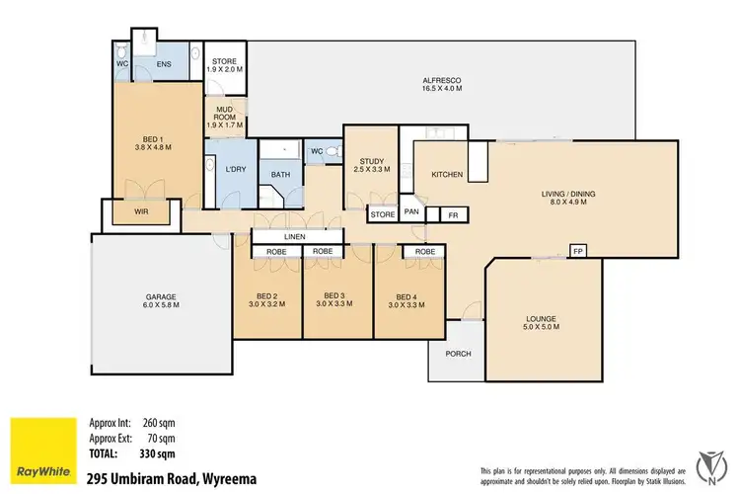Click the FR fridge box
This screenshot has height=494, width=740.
pyautogui.click(x=453, y=213)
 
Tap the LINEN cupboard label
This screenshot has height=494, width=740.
pyautogui.click(x=294, y=237)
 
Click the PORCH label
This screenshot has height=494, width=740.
pyautogui.click(x=458, y=354)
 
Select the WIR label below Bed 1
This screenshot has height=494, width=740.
pyautogui.click(x=143, y=210)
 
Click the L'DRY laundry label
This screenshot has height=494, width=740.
pyautogui.click(x=235, y=169)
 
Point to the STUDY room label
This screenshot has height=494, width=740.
pyautogui.click(x=372, y=162)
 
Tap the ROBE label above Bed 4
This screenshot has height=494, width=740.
pyautogui.click(x=425, y=252)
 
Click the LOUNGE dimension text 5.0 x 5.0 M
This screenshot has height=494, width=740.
pyautogui.click(x=542, y=328)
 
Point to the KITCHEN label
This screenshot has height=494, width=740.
pyautogui.click(x=447, y=175)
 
